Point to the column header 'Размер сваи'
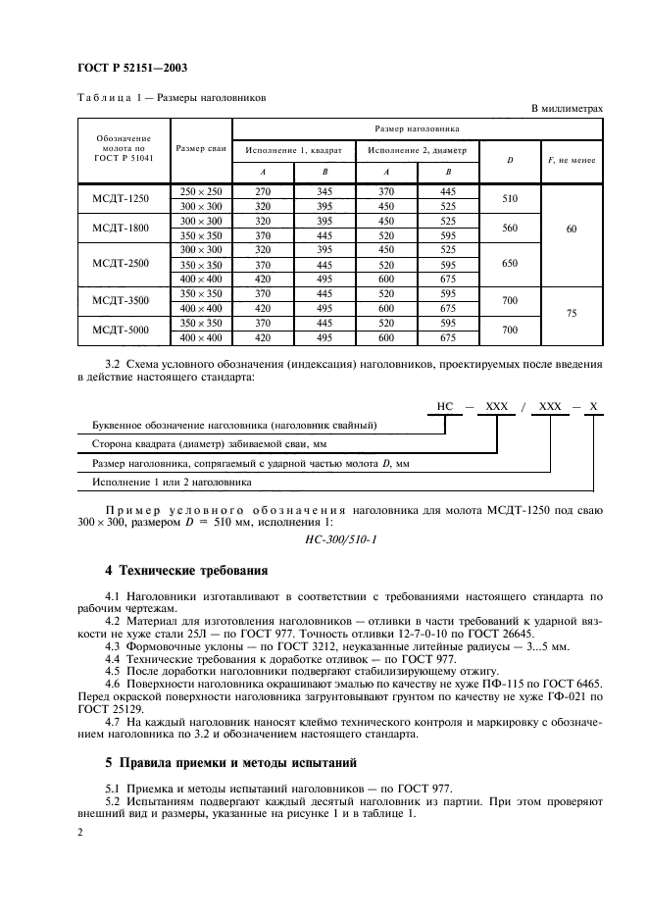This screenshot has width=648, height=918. point(201,148)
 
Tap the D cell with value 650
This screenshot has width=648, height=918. point(509,264)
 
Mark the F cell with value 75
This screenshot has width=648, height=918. point(573,316)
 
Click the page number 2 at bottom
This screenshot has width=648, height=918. point(79,832)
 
